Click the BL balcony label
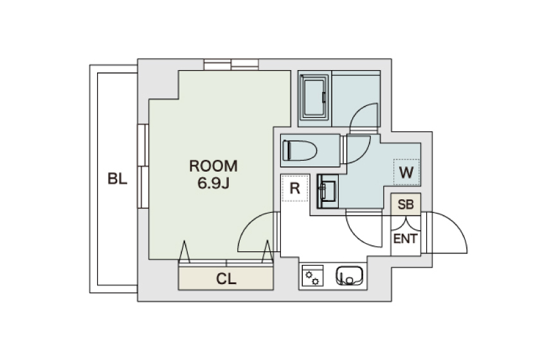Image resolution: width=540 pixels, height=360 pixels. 118,179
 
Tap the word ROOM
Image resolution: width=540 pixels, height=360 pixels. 213,166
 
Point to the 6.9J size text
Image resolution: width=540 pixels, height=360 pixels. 213,183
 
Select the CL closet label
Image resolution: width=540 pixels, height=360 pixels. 226,279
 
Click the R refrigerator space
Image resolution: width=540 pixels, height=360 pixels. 295,188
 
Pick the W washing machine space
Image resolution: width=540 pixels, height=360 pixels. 406,172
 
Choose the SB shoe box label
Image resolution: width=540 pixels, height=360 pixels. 406,204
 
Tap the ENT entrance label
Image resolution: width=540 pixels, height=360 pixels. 406,239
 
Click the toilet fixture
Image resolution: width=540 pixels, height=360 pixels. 300,150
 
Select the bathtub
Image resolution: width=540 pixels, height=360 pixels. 314,97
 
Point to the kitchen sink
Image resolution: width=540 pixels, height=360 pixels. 349,276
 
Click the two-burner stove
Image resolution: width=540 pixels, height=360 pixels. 312,276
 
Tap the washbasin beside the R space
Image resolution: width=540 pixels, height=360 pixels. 327,191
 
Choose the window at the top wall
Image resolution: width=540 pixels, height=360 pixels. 231,64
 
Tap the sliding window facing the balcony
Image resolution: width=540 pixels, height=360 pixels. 143,166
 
